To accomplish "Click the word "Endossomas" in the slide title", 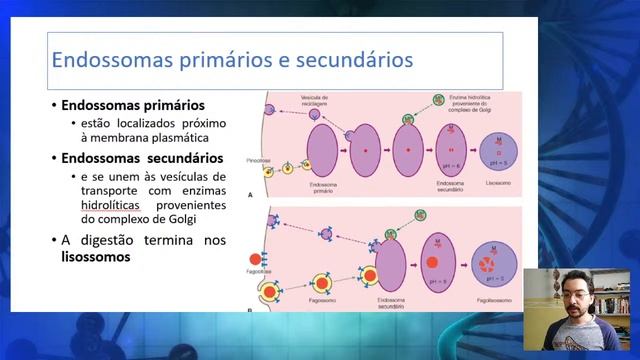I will [106, 59].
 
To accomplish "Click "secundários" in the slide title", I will [349, 59].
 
